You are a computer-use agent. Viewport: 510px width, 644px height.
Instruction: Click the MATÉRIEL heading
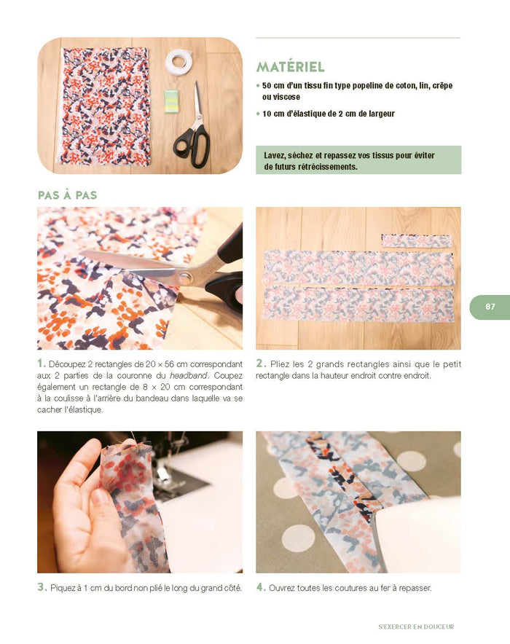point(290,67)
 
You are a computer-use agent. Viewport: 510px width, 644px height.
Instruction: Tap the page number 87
point(490,307)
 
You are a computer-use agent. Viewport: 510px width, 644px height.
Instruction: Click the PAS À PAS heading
point(67,195)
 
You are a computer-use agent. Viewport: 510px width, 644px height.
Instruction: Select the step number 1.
point(42,364)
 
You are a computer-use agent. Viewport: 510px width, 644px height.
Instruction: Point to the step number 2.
point(260,364)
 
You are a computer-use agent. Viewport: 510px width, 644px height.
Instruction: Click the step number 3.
point(42,587)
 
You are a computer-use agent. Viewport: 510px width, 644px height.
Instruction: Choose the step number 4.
point(260,587)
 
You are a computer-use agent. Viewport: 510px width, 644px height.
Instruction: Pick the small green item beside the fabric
point(170,101)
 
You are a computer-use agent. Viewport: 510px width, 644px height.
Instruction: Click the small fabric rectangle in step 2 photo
point(417,241)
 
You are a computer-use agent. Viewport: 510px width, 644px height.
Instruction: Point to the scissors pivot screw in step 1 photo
point(184,276)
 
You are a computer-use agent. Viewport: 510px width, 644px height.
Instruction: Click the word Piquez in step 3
point(63,588)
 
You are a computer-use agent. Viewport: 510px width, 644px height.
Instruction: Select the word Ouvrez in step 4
point(283,588)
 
